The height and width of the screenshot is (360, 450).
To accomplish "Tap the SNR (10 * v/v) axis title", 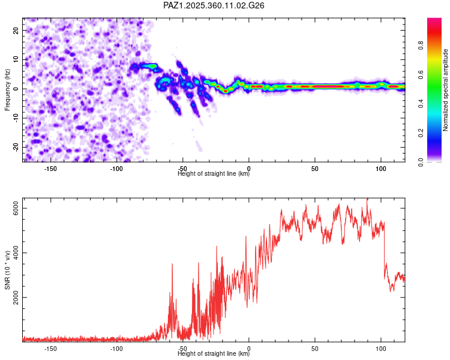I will point(7,271).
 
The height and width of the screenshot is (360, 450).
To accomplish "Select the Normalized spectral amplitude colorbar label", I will point(446,90).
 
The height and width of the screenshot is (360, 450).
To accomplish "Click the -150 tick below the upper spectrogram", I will point(50,169).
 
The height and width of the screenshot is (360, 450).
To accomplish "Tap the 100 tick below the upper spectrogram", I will point(380,169).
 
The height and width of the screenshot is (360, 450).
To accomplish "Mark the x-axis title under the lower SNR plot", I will point(214,354).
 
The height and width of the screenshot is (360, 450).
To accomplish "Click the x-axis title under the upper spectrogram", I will point(214,174).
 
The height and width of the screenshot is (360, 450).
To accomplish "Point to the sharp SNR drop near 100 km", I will point(385,252).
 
